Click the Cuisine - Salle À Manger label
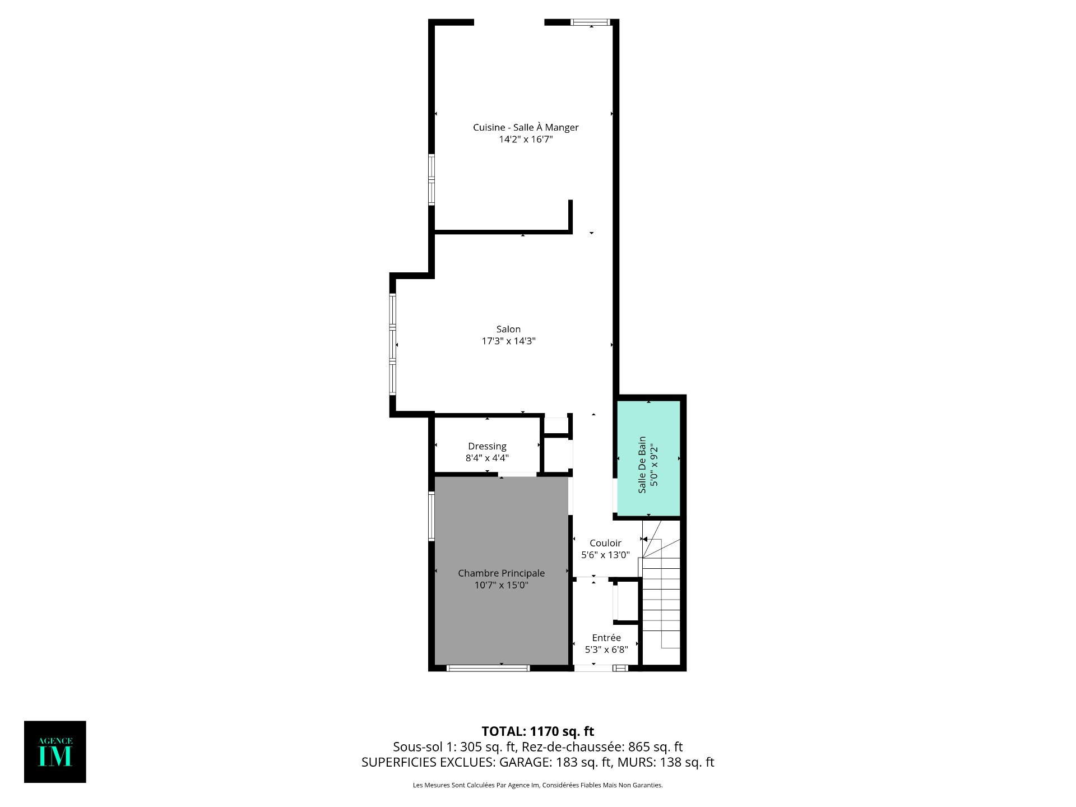tap(526, 127)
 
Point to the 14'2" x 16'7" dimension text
tap(526, 139)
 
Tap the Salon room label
tap(508, 329)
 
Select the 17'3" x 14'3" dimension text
tap(508, 341)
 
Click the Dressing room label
tap(487, 446)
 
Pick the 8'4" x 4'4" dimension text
tap(487, 458)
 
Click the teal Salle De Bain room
tap(648, 457)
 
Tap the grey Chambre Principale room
tap(502, 570)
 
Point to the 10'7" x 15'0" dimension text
tap(502, 585)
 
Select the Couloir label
tap(605, 543)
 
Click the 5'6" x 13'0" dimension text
tap(605, 555)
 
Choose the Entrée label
tap(606, 638)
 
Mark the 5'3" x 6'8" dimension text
tap(606, 650)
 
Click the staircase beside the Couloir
tap(661, 594)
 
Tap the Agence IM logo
tap(55, 752)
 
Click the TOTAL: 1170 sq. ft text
tap(538, 731)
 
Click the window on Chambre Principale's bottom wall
tap(488, 668)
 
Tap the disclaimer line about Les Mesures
tap(538, 785)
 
